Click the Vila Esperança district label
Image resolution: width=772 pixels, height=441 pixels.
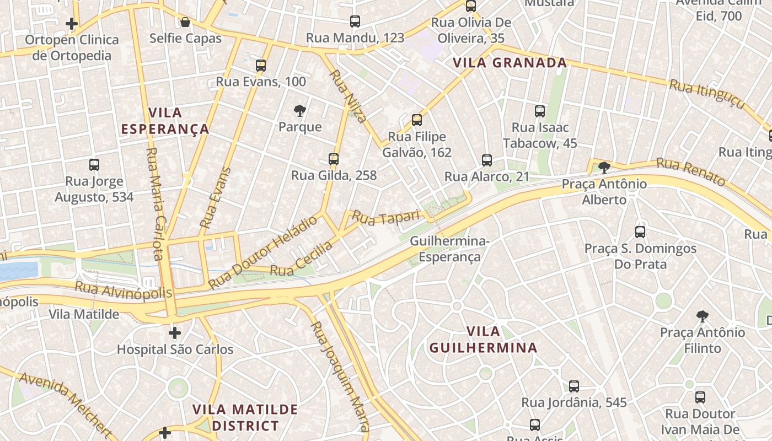(x=165, y=121)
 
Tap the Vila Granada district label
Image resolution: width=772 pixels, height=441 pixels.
(x=510, y=63)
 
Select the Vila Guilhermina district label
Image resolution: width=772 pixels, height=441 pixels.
(x=483, y=340)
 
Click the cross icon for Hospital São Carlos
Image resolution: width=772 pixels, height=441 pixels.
(x=175, y=333)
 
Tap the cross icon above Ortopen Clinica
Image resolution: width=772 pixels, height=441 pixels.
(x=71, y=24)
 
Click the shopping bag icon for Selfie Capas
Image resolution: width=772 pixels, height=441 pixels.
(x=185, y=22)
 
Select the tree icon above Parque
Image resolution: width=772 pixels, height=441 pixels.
(x=300, y=111)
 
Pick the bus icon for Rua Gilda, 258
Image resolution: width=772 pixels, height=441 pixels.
(x=334, y=159)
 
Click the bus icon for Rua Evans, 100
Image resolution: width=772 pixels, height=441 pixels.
(x=261, y=66)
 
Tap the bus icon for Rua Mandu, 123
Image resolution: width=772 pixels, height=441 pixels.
(x=355, y=21)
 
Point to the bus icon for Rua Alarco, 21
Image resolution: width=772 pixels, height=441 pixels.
(x=487, y=160)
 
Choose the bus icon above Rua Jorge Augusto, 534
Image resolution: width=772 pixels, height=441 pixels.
(x=94, y=165)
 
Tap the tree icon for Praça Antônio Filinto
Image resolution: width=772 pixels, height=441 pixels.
(x=702, y=316)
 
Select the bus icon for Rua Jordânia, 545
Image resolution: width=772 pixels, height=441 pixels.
(x=574, y=386)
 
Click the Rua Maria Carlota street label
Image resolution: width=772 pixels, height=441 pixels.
(x=156, y=203)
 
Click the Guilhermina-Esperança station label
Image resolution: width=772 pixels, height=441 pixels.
(x=449, y=249)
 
